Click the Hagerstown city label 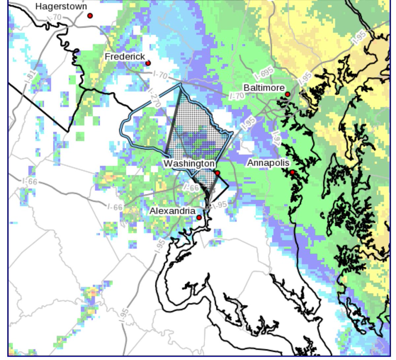[61, 6]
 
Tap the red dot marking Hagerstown [90, 16]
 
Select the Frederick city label [125, 57]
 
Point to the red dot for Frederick [148, 63]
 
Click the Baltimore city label [264, 88]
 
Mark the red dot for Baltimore [287, 94]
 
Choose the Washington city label [189, 163]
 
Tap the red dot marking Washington [217, 173]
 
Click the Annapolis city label [268, 163]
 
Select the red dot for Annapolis [292, 172]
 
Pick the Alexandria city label [172, 211]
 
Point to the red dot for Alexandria [199, 218]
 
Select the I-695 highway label [264, 73]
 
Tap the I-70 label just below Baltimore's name [237, 96]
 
